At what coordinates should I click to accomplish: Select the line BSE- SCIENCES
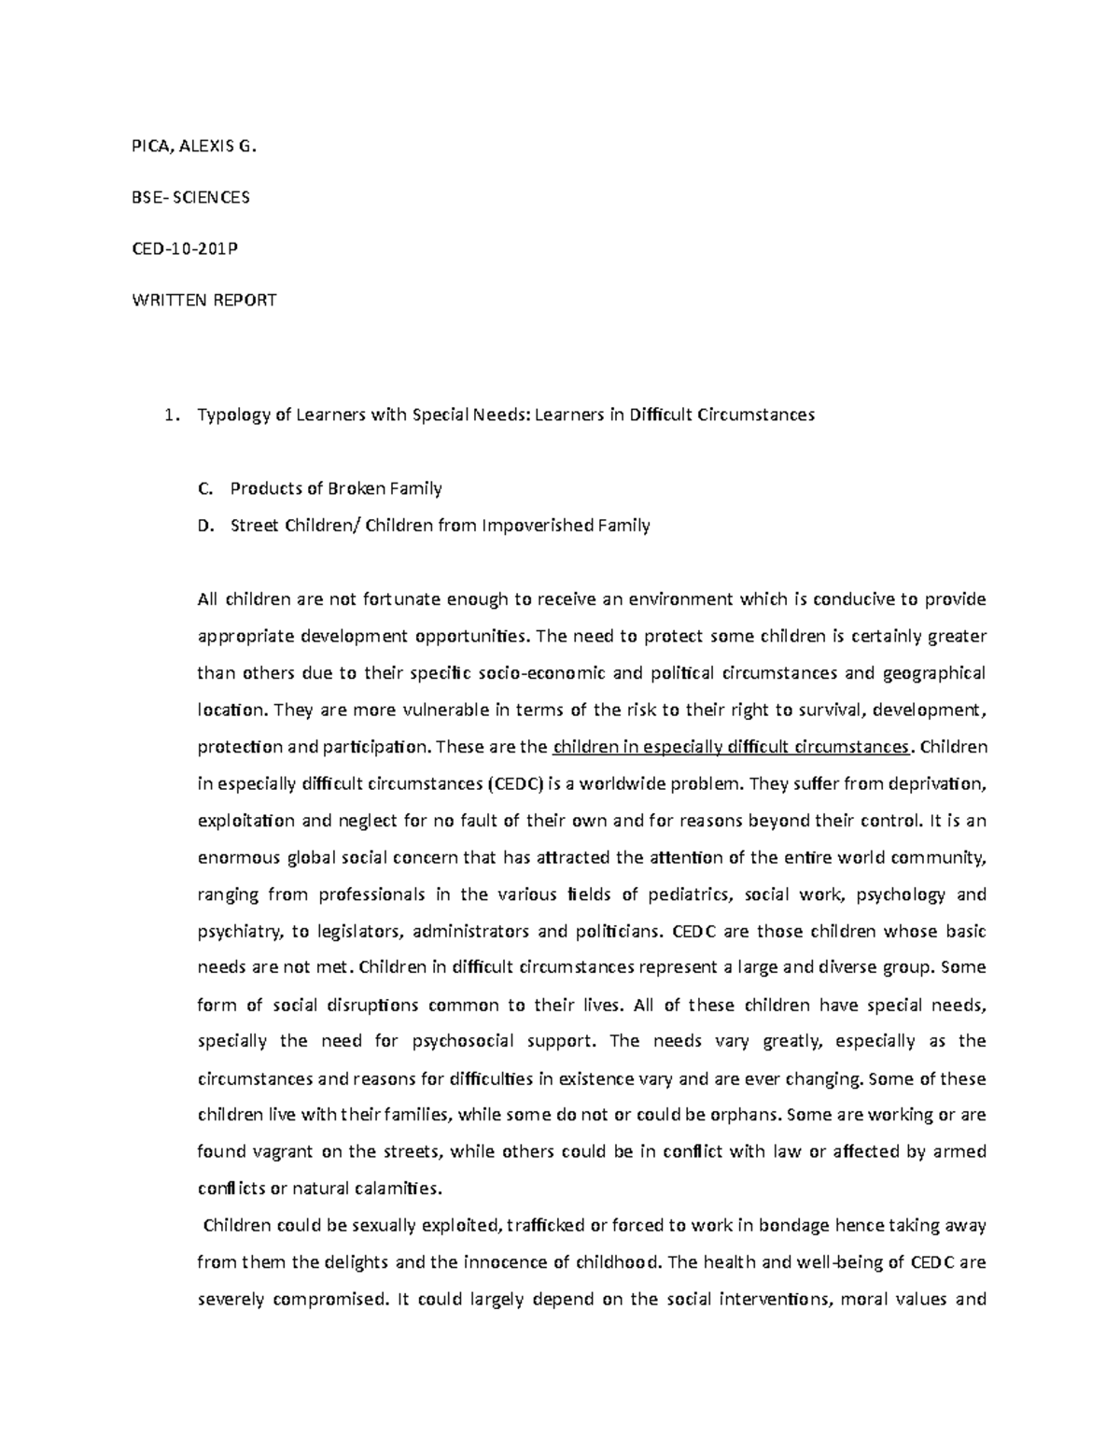189,197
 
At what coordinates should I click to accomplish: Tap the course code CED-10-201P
190,248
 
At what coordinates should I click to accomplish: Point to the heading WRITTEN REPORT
203,301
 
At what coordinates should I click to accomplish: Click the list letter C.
204,488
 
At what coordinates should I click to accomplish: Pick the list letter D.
204,525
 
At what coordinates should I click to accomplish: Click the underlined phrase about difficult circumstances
731,747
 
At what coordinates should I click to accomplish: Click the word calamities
392,1189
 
